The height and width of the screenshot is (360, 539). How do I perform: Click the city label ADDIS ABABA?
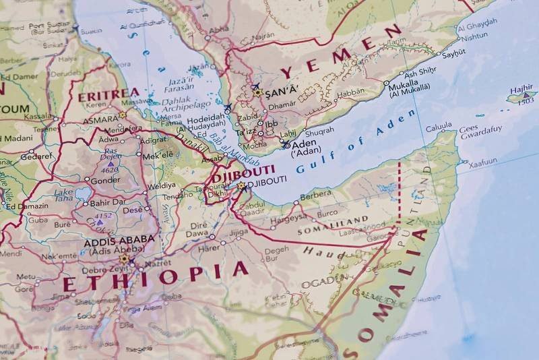[x=119, y=240]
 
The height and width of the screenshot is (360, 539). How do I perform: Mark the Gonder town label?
[x=105, y=181]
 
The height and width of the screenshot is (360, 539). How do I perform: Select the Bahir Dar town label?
[x=108, y=202]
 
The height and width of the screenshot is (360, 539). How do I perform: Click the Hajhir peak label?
[x=521, y=89]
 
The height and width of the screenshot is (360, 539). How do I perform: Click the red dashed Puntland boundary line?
[x=399, y=192]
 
